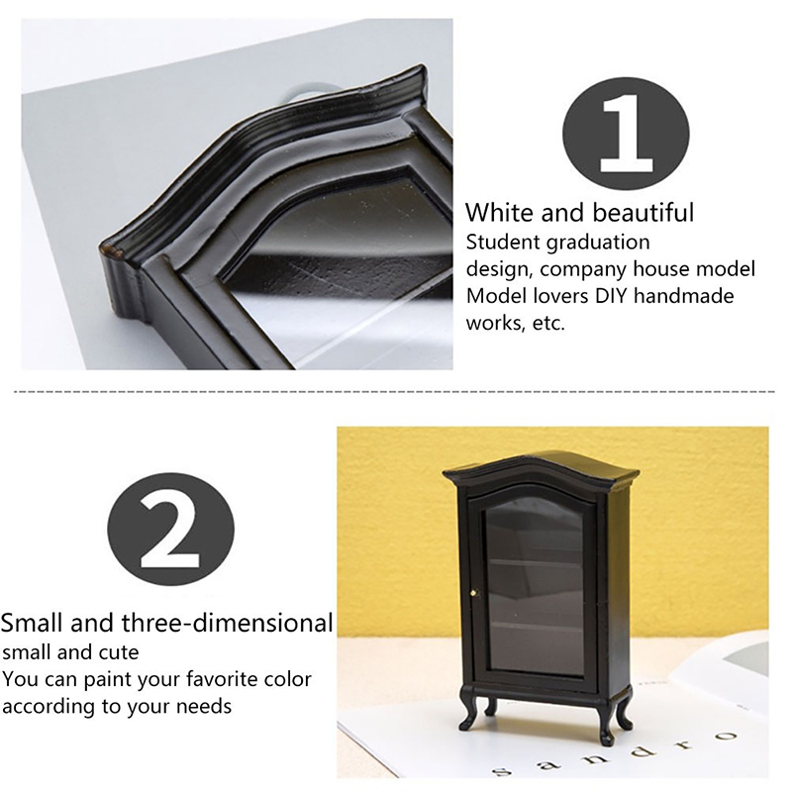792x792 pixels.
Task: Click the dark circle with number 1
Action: pyautogui.click(x=626, y=133)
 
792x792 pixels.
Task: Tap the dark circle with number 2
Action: pyautogui.click(x=170, y=529)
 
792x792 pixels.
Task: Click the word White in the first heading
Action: pyautogui.click(x=499, y=212)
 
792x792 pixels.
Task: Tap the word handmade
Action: pyautogui.click(x=683, y=295)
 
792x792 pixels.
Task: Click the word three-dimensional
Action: pyautogui.click(x=227, y=623)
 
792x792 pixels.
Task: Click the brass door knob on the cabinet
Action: pyautogui.click(x=474, y=593)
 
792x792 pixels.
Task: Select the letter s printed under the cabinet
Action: pyautogui.click(x=501, y=770)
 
